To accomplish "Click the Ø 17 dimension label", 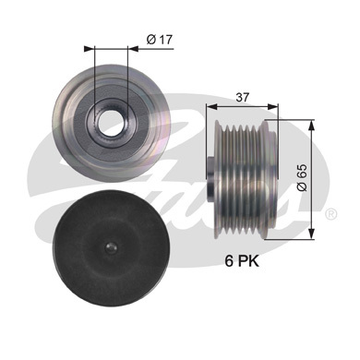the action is click(x=160, y=40).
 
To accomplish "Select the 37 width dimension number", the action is click(x=242, y=97).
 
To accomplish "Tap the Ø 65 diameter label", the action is click(x=303, y=177).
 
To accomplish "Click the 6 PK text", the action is click(x=242, y=261).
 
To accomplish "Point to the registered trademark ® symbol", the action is click(x=330, y=213).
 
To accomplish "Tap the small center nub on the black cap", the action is click(x=111, y=247).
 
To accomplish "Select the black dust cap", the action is click(x=111, y=248).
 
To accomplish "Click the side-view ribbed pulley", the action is click(x=242, y=179).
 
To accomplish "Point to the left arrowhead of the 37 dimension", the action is click(x=211, y=107).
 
